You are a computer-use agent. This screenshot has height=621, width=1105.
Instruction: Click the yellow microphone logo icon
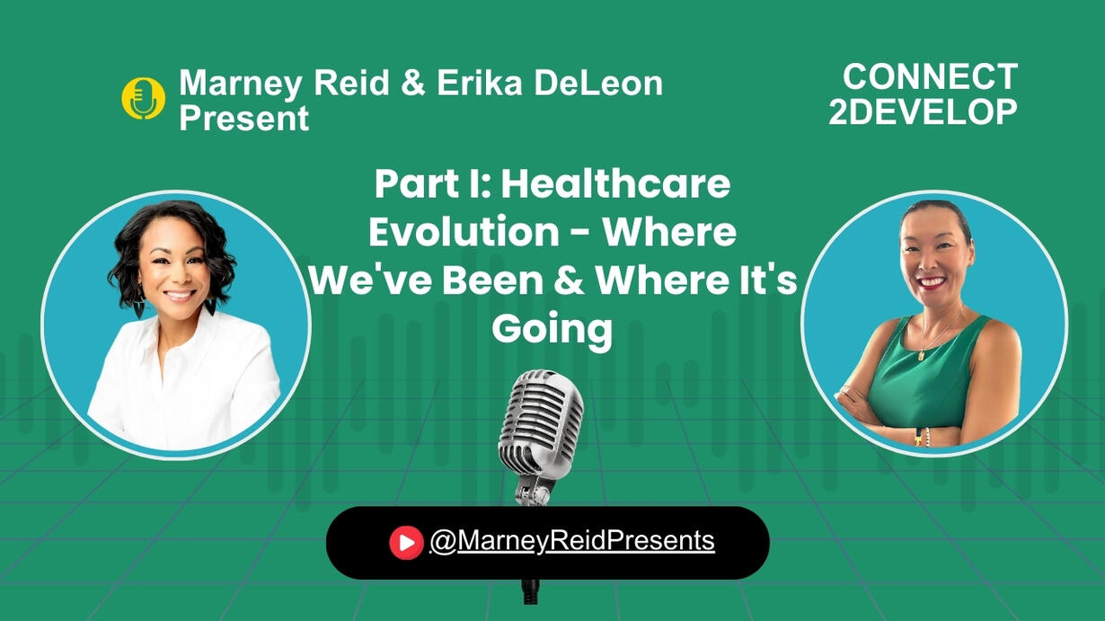coord(143,98)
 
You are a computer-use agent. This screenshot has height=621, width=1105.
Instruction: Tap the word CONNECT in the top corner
coord(931,77)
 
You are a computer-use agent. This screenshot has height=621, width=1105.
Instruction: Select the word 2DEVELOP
coord(923,111)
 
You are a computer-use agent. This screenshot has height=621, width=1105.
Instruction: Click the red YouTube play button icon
coord(406,543)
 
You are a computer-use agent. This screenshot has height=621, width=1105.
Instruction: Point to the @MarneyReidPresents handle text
coord(572,540)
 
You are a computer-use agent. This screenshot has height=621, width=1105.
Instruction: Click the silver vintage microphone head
coord(541,423)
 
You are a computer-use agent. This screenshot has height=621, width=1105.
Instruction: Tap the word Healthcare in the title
coord(615,183)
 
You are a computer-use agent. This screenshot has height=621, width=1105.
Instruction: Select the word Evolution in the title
coord(464,231)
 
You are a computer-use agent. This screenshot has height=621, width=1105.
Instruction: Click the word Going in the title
coord(552,330)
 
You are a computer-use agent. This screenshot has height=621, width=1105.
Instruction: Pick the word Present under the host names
coord(243,119)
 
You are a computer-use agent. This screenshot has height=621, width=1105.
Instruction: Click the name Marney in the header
coord(240,84)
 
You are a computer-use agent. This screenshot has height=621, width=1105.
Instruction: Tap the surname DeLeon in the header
coord(599,83)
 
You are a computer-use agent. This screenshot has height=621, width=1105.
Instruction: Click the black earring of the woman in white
coord(210,307)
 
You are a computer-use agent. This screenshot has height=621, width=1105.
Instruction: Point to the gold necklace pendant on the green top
coord(922,355)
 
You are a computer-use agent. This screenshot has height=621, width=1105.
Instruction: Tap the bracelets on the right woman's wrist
coord(922,437)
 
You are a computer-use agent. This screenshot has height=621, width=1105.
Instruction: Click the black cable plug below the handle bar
coord(531,591)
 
